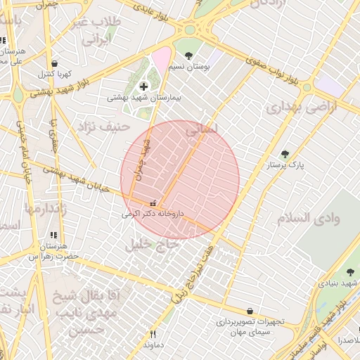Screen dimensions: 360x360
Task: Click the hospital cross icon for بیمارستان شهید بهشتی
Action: coord(143,86)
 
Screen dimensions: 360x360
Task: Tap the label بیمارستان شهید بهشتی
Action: coord(143,98)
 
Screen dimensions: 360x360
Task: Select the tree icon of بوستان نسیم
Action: coord(188,54)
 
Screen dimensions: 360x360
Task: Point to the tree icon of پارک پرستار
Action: coord(284,154)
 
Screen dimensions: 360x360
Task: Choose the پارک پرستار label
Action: coord(281,165)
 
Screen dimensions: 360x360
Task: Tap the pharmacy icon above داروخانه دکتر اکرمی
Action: coord(153,202)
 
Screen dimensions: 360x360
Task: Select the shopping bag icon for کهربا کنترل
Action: coord(55,63)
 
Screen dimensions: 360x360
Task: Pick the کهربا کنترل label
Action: coord(51,74)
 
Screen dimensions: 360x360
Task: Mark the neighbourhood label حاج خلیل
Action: coord(148,244)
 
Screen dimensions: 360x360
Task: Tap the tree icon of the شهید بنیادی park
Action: coord(350,272)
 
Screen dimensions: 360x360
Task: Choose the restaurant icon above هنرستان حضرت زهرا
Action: coord(53,236)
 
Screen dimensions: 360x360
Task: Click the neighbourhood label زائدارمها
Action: coord(46,209)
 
